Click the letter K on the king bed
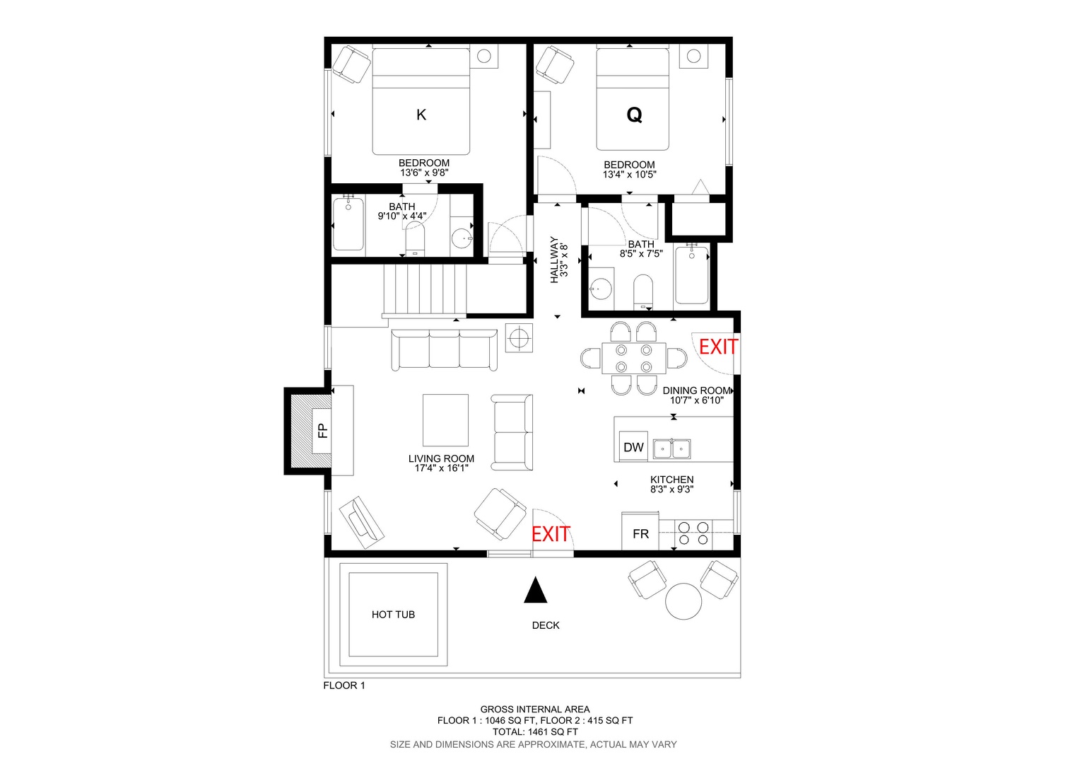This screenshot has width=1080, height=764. click(x=421, y=115)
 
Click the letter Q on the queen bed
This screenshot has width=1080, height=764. click(x=634, y=115)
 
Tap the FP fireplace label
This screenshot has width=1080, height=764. click(x=323, y=430)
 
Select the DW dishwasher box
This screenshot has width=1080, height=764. click(x=633, y=447)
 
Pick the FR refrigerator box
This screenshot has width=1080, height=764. click(x=640, y=532)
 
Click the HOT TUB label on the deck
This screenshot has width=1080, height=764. click(x=393, y=615)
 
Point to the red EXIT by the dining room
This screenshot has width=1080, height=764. click(x=718, y=347)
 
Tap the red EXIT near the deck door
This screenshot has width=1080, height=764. click(x=551, y=534)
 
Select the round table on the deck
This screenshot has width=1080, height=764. click(x=683, y=601)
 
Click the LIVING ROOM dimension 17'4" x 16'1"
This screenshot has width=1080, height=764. click(x=441, y=468)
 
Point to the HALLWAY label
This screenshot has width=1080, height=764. click(x=554, y=260)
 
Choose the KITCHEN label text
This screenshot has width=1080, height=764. click(x=671, y=480)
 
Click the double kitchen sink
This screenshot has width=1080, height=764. click(x=671, y=448)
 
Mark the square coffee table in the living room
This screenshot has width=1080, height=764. click(x=445, y=420)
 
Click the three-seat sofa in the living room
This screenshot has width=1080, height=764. click(x=444, y=350)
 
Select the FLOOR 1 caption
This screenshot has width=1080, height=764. click(x=344, y=685)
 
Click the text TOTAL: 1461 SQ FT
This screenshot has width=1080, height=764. click(x=534, y=731)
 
